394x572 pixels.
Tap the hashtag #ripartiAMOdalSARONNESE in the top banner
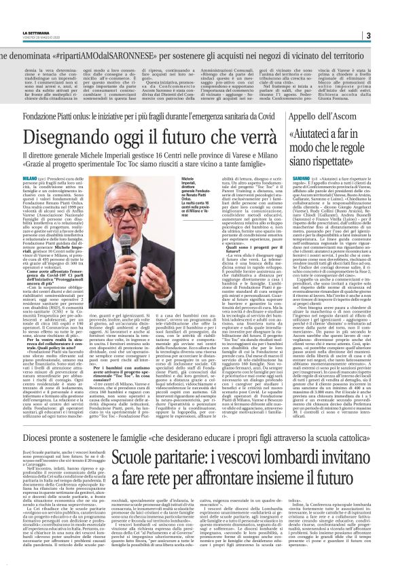pos(122,52)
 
